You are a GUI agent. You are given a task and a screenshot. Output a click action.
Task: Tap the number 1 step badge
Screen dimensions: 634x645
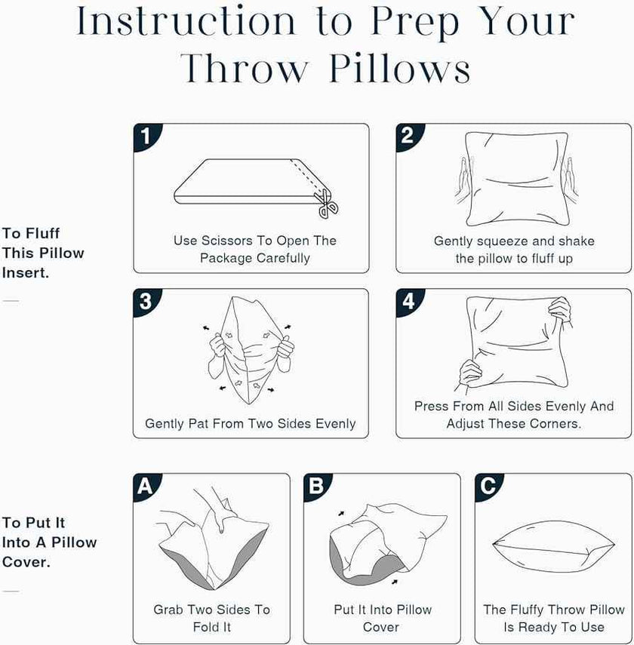[x=146, y=136]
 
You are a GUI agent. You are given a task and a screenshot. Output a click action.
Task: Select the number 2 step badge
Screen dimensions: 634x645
[x=408, y=136]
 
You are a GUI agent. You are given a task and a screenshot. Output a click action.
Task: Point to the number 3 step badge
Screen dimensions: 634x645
[x=146, y=301]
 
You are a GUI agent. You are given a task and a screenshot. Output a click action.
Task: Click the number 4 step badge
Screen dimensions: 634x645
[x=408, y=301]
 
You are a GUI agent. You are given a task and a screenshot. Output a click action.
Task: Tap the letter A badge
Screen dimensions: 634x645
[x=146, y=487]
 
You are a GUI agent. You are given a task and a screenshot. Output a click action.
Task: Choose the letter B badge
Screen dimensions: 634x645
[x=316, y=487]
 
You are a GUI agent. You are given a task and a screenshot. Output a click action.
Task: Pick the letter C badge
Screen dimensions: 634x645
[x=488, y=487]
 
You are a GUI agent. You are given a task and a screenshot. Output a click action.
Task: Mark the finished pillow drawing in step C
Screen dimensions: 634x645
[x=554, y=547]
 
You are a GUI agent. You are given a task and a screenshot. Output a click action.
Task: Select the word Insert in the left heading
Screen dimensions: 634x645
[x=26, y=273]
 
